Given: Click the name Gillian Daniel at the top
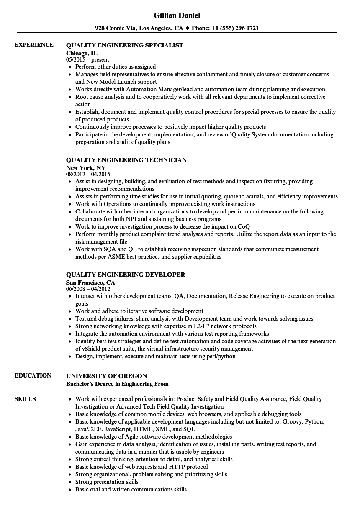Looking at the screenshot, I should click(x=177, y=15).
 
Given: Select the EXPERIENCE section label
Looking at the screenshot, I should click(x=34, y=45).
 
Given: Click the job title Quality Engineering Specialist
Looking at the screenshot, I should click(x=125, y=45).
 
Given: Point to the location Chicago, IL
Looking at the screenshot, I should click(x=82, y=53).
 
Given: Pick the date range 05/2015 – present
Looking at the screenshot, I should click(x=87, y=60).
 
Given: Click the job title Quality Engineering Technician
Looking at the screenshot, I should click(x=126, y=160).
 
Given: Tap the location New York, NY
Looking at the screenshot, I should click(x=86, y=168).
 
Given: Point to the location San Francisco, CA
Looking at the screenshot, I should click(x=90, y=283).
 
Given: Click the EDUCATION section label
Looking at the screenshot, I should click(x=33, y=375).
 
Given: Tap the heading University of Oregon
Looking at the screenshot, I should click(x=107, y=376).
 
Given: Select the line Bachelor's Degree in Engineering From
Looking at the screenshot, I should click(x=117, y=384).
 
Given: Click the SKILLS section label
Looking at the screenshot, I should click(x=25, y=399).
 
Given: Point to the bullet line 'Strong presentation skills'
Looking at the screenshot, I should click(x=107, y=482).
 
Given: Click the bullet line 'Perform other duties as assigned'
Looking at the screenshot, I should click(x=116, y=67).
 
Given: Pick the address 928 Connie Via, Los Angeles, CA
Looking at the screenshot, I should click(x=139, y=28).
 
